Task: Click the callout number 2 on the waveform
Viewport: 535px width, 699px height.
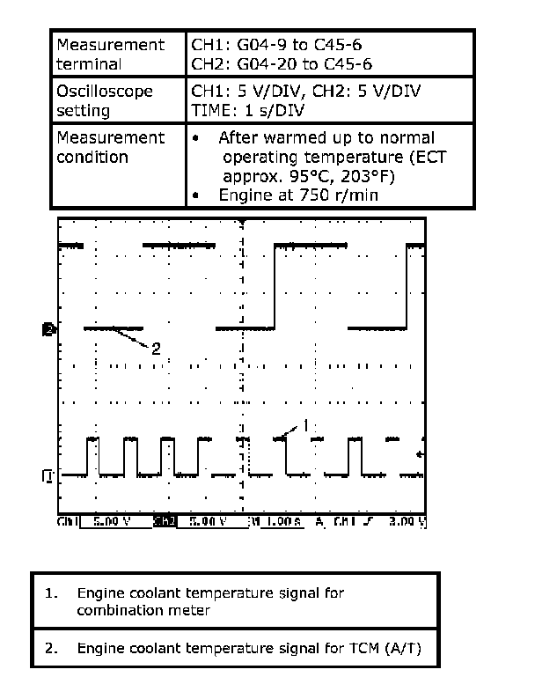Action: [x=156, y=348]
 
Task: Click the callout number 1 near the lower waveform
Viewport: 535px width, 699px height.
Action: [x=305, y=424]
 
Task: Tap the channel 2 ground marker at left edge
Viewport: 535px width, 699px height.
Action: [x=48, y=329]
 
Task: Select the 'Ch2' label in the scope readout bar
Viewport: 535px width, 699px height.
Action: [x=165, y=522]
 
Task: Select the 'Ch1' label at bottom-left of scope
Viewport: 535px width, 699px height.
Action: [x=69, y=522]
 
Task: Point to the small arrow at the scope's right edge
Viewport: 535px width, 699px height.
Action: [x=420, y=454]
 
